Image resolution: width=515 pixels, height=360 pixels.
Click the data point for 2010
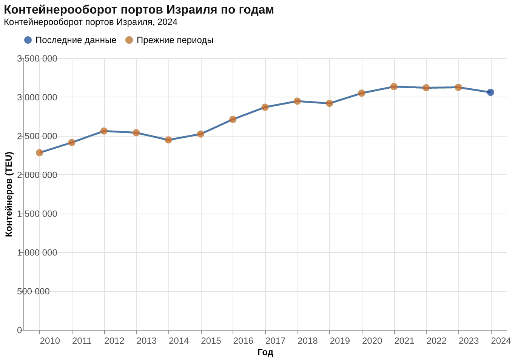click(x=40, y=152)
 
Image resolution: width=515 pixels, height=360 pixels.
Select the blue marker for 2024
click(x=490, y=92)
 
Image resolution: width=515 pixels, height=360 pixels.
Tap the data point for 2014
click(x=168, y=140)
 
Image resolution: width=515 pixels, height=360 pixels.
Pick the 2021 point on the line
click(x=394, y=87)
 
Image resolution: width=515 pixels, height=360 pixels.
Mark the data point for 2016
click(x=233, y=120)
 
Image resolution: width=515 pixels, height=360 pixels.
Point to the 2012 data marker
click(x=104, y=131)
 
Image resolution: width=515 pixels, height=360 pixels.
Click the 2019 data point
click(x=330, y=103)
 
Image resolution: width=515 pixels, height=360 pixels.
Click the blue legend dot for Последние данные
click(x=28, y=40)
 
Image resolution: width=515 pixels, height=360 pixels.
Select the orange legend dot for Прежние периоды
click(x=129, y=40)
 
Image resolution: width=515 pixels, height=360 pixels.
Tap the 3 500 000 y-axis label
click(x=37, y=58)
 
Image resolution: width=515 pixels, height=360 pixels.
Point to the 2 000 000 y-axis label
click(x=37, y=175)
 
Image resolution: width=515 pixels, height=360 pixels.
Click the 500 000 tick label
click(x=33, y=292)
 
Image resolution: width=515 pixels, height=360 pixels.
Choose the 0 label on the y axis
click(x=20, y=330)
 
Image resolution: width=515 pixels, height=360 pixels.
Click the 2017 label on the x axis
click(x=275, y=341)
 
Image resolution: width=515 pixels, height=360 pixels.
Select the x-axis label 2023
click(x=469, y=341)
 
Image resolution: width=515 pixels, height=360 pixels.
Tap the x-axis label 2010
click(x=50, y=341)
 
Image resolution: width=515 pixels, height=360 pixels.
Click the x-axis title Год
click(x=265, y=352)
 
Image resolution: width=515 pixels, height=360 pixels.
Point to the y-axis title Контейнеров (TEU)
click(x=9, y=194)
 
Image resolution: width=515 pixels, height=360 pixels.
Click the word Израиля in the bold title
click(x=191, y=10)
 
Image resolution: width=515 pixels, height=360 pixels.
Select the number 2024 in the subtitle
click(x=167, y=22)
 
